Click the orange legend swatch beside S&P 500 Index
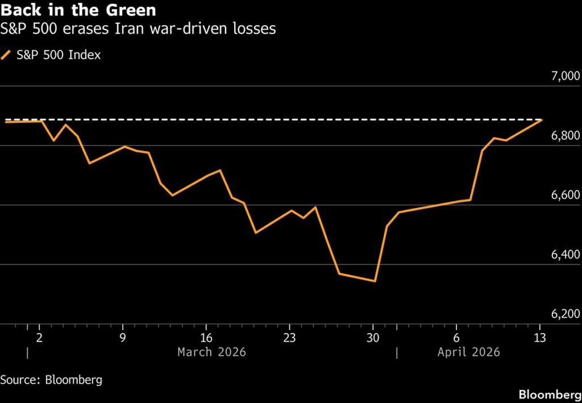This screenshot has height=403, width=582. (6, 55)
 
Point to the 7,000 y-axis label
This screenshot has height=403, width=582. (562, 76)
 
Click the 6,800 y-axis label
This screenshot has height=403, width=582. (562, 136)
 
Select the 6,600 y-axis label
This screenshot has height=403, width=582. (562, 196)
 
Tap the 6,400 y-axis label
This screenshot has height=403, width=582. (562, 255)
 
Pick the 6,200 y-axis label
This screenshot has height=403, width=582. (562, 314)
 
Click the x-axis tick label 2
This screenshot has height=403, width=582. (39, 337)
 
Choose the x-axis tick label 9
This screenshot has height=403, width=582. (123, 337)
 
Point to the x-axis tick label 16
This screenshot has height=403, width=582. (206, 337)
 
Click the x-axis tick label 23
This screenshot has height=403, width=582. (289, 337)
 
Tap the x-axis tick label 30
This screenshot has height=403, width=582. (373, 337)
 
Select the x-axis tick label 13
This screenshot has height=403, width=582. (539, 337)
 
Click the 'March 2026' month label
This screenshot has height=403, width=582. (211, 352)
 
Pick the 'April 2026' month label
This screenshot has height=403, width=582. (468, 352)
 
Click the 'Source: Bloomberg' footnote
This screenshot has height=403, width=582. (51, 380)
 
